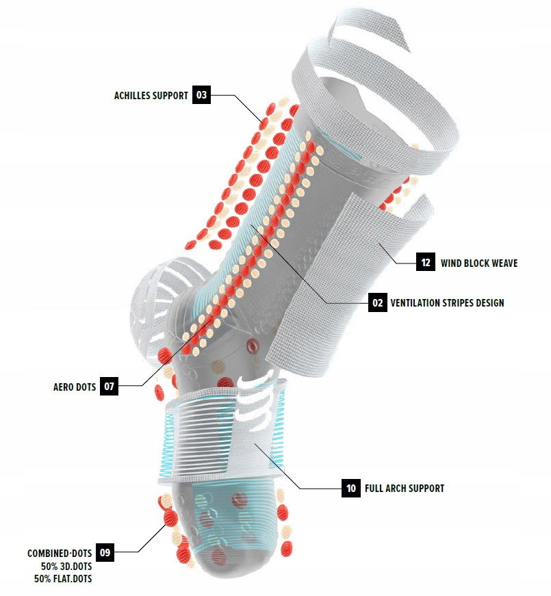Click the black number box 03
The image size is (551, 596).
tap(201, 95)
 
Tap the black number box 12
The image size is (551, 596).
tap(426, 262)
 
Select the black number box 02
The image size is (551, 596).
tap(377, 302)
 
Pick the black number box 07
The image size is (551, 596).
tap(109, 386)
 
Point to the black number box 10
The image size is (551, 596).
tap(350, 488)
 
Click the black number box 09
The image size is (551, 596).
tap(105, 552)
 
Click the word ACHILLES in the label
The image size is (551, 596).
tap(135, 96)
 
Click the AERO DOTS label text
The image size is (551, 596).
tap(75, 387)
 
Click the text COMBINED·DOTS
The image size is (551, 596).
tap(60, 553)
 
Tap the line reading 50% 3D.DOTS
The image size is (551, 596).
tap(66, 566)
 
